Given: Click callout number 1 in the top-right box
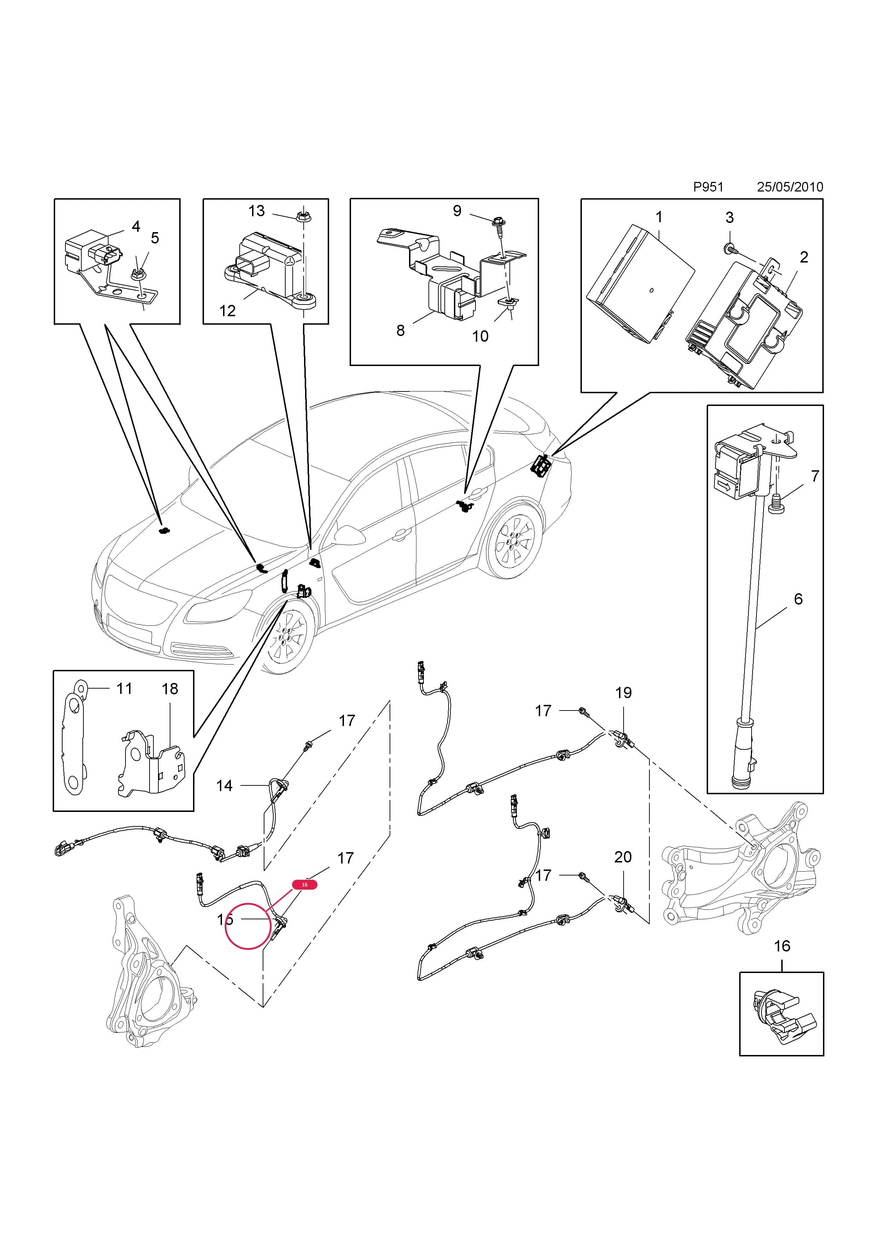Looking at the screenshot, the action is click(659, 217).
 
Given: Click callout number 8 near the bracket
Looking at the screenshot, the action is click(400, 331).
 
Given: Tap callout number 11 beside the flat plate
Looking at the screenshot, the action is click(124, 689).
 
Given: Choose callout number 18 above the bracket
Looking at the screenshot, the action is click(170, 689).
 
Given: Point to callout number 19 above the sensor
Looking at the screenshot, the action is click(624, 692).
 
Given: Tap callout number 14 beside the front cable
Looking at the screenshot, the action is click(224, 786).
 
